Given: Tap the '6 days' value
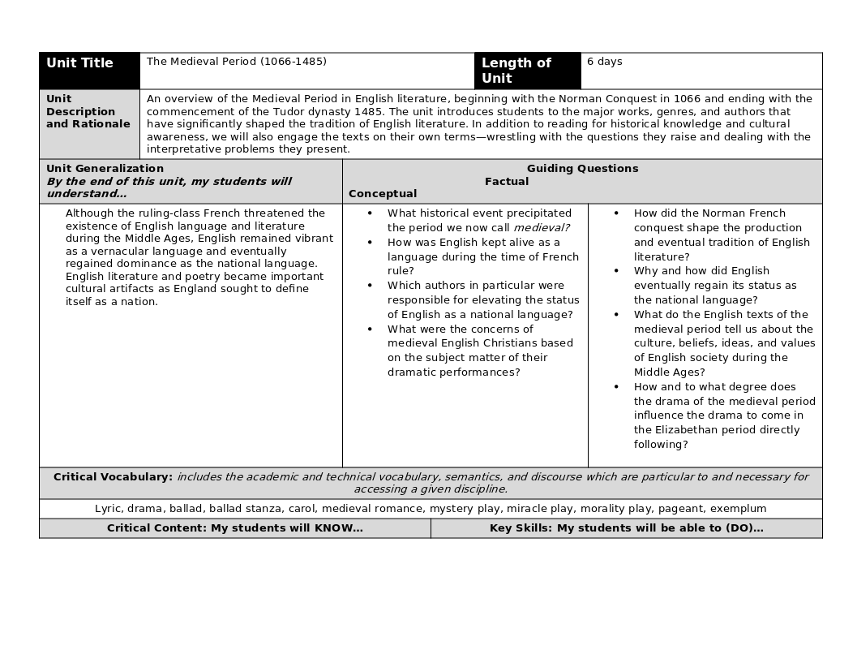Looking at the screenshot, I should click(x=605, y=62).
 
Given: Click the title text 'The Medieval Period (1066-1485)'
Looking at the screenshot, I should click(x=237, y=62).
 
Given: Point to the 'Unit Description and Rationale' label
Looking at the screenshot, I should click(x=88, y=112).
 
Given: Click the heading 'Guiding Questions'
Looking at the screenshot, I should click(x=582, y=169).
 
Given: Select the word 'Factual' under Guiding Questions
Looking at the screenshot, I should click(x=507, y=182).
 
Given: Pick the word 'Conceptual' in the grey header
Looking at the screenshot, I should click(x=383, y=194).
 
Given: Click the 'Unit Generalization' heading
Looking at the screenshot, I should click(x=105, y=169).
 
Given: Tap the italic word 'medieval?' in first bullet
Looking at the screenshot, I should click(x=541, y=228).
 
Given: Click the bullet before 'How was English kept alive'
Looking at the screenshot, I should click(x=371, y=243).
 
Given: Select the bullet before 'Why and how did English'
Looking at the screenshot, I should click(x=616, y=271).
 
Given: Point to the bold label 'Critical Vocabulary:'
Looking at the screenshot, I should click(x=113, y=477).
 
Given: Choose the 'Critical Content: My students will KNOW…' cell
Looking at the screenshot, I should click(x=235, y=528).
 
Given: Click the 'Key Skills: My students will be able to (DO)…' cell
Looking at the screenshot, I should click(x=626, y=528).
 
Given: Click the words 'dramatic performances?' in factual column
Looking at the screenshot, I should click(x=453, y=372).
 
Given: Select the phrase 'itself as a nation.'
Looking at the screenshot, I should click(x=112, y=302).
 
